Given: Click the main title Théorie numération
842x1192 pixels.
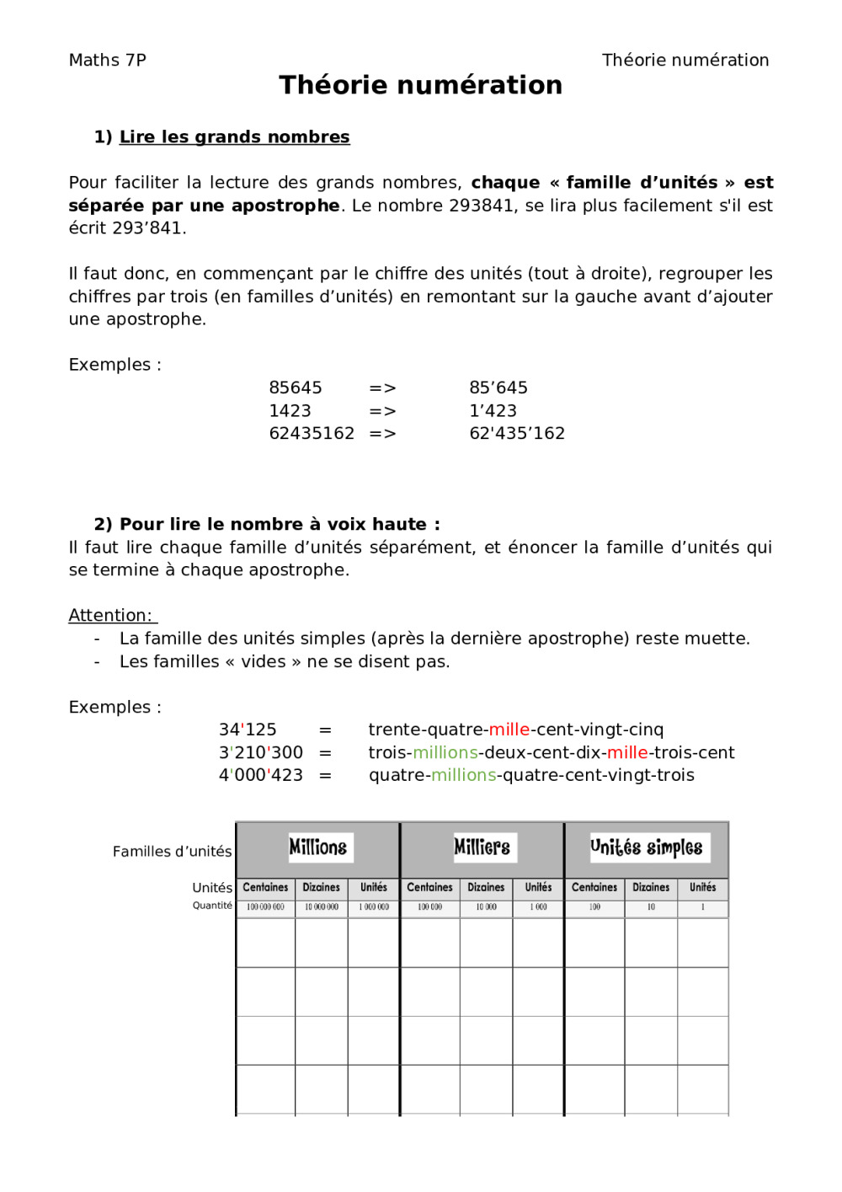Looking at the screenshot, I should (x=420, y=85).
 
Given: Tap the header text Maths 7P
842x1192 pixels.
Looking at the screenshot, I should (x=107, y=60).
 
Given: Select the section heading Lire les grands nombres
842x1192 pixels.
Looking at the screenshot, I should (x=234, y=136).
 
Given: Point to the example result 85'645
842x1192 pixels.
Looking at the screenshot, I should (x=498, y=388).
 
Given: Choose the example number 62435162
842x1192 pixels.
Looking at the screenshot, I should (x=312, y=433).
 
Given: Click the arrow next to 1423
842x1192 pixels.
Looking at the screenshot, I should (x=382, y=411).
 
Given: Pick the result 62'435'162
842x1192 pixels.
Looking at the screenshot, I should (x=517, y=433).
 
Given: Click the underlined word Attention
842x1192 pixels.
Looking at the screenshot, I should (x=110, y=615).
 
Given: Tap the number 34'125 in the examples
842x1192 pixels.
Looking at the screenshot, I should (x=248, y=730).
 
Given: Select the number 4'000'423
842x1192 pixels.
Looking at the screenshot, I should (x=261, y=775).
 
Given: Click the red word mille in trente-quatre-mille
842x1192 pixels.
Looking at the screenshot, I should (x=509, y=730).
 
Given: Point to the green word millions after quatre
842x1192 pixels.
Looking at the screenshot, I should (x=463, y=775).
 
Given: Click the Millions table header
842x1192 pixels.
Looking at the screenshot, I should (x=317, y=847).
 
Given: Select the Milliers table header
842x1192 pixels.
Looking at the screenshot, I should (x=482, y=847).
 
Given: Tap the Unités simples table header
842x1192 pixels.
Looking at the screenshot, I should (x=646, y=847).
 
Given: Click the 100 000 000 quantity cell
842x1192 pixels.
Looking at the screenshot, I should (x=265, y=907).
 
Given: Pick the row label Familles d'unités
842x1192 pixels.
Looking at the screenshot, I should (x=172, y=852).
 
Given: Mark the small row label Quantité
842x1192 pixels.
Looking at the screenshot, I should (x=212, y=906).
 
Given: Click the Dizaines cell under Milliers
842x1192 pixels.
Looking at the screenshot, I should (x=486, y=888).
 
